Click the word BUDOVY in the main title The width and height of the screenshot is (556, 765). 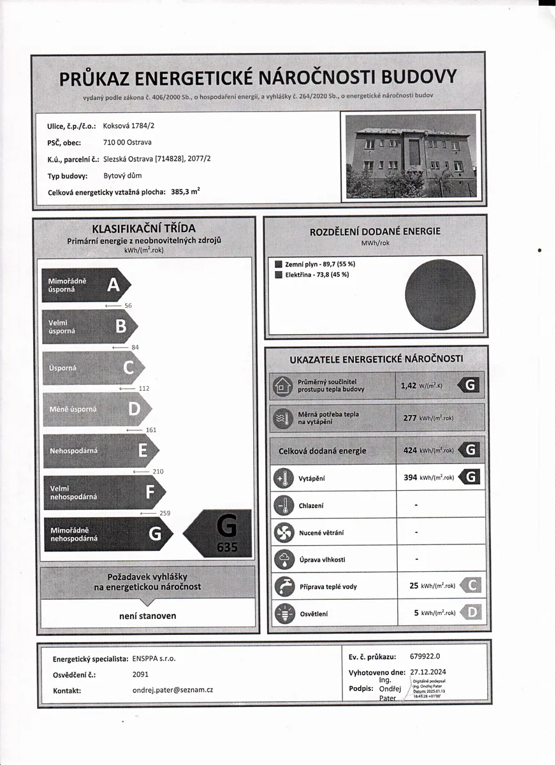[x=419, y=77]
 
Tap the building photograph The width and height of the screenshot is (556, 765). [x=409, y=156]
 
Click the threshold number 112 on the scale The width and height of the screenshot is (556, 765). [x=143, y=388]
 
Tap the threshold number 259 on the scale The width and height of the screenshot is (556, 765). [x=164, y=513]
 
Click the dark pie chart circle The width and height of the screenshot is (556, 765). [x=440, y=295]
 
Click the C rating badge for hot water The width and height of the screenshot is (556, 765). [x=471, y=586]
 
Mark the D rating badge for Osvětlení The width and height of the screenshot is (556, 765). [x=471, y=613]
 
